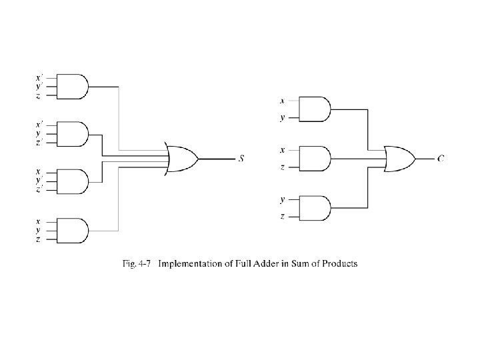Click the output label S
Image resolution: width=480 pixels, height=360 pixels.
coord(241,159)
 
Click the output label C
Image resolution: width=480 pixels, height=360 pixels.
coord(441,159)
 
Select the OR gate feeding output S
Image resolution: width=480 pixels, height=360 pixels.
coord(181,159)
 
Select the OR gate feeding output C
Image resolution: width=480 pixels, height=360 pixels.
coord(400,159)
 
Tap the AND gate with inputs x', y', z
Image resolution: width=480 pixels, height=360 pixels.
coord(73,87)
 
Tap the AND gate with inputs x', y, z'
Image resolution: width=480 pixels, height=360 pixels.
coord(73,134)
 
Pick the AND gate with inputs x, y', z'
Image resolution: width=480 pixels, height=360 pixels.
coord(73,181)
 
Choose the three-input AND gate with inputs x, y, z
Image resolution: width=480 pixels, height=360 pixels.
coord(73,231)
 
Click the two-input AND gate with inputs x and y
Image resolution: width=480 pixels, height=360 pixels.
coord(315,109)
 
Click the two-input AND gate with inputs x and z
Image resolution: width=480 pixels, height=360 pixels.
coord(315,159)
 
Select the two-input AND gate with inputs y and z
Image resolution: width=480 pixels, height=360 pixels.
coord(315,208)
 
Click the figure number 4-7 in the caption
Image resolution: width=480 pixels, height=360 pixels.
coord(145,263)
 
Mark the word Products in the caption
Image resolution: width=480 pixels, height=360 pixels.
coord(340,263)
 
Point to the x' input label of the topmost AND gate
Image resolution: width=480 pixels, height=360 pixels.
coord(39,77)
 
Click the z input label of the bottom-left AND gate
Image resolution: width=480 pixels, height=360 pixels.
coord(38,239)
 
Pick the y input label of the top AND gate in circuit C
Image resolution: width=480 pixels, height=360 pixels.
coord(282,117)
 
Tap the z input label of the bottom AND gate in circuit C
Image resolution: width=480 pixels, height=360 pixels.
coord(282,217)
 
